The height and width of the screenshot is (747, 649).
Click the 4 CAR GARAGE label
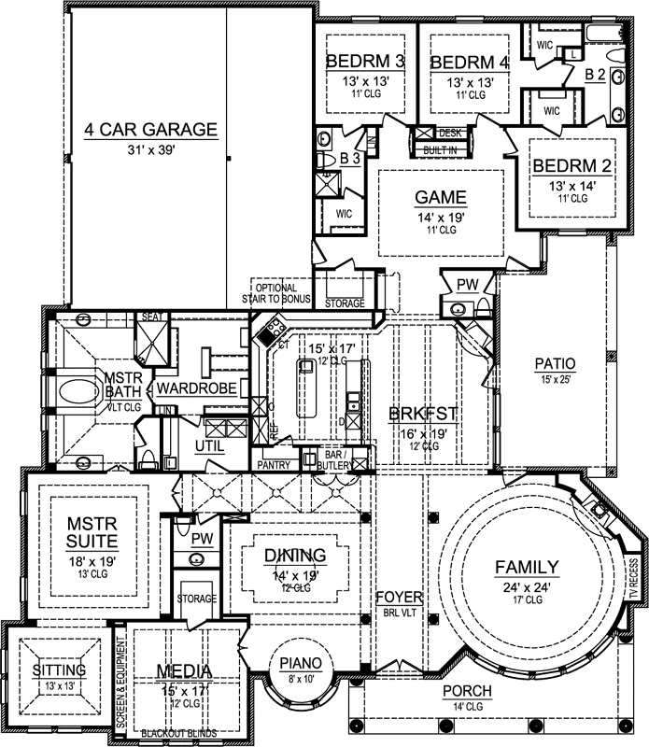(x=149, y=130)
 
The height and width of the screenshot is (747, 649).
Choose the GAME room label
(x=439, y=198)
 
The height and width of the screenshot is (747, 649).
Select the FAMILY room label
(x=527, y=567)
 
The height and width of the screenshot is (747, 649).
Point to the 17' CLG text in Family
(x=527, y=599)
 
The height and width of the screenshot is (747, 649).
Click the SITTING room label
(x=59, y=670)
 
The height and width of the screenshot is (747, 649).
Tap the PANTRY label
(x=277, y=464)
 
